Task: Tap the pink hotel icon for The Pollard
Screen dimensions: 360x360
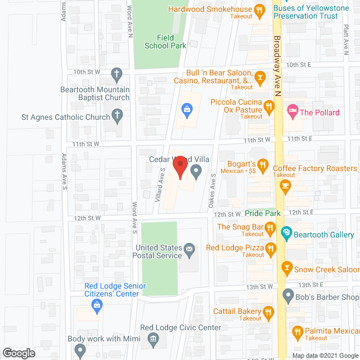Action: click(x=292, y=109)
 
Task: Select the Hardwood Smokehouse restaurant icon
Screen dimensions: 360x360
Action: click(x=259, y=10)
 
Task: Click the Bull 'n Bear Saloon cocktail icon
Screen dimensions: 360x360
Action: click(x=260, y=76)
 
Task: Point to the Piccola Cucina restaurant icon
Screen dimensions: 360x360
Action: click(x=269, y=105)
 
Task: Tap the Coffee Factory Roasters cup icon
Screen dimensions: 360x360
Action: click(x=286, y=184)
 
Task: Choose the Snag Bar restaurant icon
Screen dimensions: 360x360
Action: click(x=270, y=227)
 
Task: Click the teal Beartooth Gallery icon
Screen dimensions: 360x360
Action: click(x=286, y=232)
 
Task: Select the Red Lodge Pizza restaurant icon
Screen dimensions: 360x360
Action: click(x=270, y=248)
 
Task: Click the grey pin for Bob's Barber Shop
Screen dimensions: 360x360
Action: click(x=289, y=294)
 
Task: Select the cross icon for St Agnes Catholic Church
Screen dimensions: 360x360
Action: click(x=117, y=116)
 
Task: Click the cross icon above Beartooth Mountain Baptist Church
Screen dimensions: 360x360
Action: click(x=117, y=74)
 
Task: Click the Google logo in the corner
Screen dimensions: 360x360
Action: click(x=18, y=353)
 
